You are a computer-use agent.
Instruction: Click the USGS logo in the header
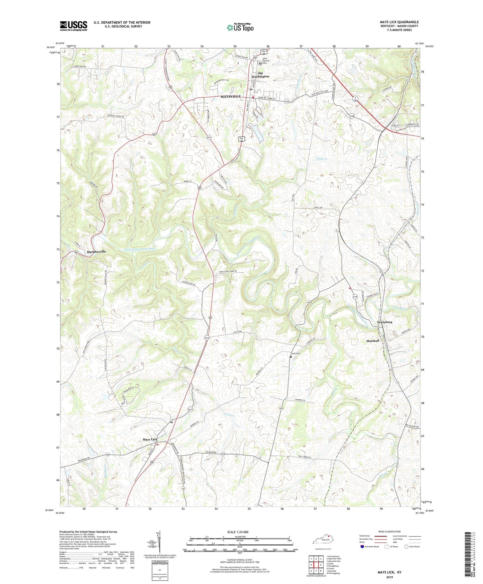[74, 26]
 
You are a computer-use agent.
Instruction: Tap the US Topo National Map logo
[240, 27]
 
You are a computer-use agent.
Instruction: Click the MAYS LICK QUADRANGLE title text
[399, 22]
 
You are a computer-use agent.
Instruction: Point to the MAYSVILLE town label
[230, 97]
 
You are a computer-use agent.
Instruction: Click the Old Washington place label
[260, 75]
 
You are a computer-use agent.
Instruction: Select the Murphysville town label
[96, 252]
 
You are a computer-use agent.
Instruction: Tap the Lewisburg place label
[384, 322]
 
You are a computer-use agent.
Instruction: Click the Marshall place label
[373, 341]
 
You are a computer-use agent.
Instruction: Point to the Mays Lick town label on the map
[150, 440]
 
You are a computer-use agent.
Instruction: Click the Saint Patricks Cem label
[267, 60]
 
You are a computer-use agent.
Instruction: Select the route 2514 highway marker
[207, 338]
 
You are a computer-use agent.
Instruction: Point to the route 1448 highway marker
[352, 116]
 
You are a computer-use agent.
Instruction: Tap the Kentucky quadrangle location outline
[323, 541]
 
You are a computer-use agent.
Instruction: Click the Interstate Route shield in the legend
[362, 547]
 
